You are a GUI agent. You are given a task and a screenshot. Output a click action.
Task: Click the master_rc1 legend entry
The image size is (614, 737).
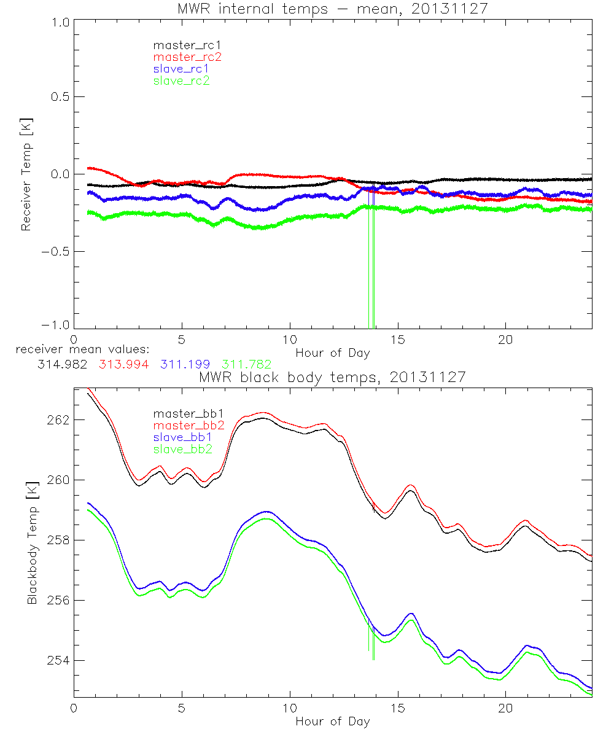pyautogui.click(x=181, y=45)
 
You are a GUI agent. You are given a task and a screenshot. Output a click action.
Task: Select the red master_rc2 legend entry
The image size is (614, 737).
pyautogui.click(x=187, y=57)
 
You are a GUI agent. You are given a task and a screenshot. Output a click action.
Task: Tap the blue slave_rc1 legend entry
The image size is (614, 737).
pyautogui.click(x=181, y=68)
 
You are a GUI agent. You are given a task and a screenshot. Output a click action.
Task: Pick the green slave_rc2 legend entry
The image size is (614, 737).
pyautogui.click(x=181, y=80)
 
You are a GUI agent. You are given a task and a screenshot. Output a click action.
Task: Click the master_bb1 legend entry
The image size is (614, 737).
pyautogui.click(x=181, y=414)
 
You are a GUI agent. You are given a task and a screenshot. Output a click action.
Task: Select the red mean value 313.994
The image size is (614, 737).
pyautogui.click(x=123, y=364)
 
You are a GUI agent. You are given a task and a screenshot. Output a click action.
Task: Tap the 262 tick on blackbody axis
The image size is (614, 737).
pyautogui.click(x=59, y=419)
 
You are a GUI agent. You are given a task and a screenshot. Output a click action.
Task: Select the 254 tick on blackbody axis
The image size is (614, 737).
pyautogui.click(x=59, y=660)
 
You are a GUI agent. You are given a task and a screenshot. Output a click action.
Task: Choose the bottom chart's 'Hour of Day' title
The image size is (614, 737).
pyautogui.click(x=333, y=721)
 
